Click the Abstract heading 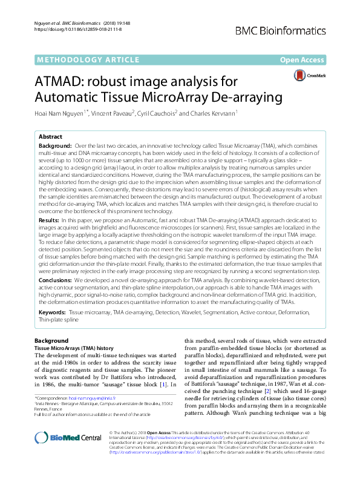(51, 137)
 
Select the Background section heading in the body (51, 341)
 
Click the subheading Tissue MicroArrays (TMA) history (73, 349)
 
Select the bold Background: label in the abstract (58, 147)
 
